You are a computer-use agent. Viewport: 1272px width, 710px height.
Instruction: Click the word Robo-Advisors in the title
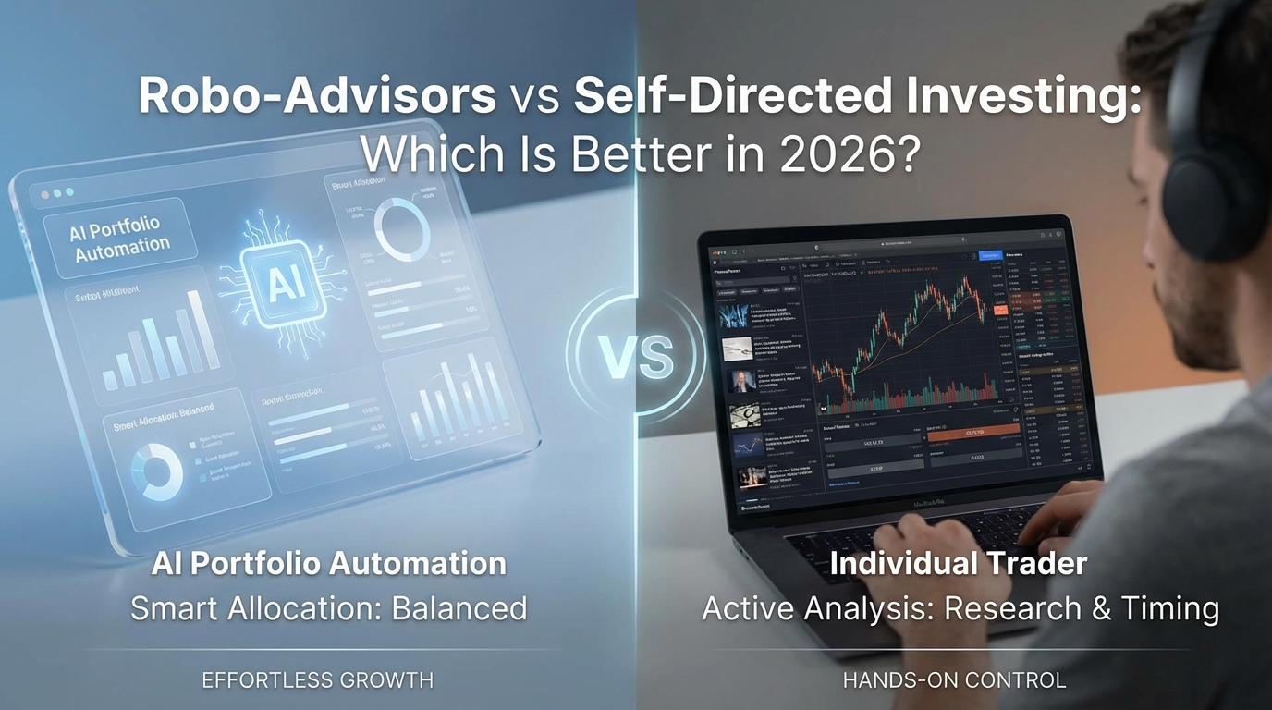[x=317, y=97]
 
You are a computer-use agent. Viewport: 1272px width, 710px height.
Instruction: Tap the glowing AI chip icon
[x=279, y=286]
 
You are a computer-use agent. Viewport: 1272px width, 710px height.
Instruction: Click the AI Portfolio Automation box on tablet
[x=120, y=238]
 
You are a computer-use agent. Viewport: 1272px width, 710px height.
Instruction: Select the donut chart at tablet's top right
[x=401, y=229]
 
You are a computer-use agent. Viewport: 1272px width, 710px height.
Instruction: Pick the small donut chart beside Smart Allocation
[x=156, y=471]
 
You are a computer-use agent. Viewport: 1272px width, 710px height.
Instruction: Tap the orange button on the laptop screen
[x=974, y=432]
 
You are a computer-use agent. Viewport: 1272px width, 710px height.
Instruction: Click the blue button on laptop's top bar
[x=989, y=254]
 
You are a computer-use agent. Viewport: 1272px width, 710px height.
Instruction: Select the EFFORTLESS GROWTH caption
[x=317, y=680]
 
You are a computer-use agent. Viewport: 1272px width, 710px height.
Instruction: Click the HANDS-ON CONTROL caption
[x=954, y=680]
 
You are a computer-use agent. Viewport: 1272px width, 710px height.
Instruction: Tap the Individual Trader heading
[x=958, y=563]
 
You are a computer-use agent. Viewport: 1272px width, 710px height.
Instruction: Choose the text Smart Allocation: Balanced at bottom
[x=328, y=608]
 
